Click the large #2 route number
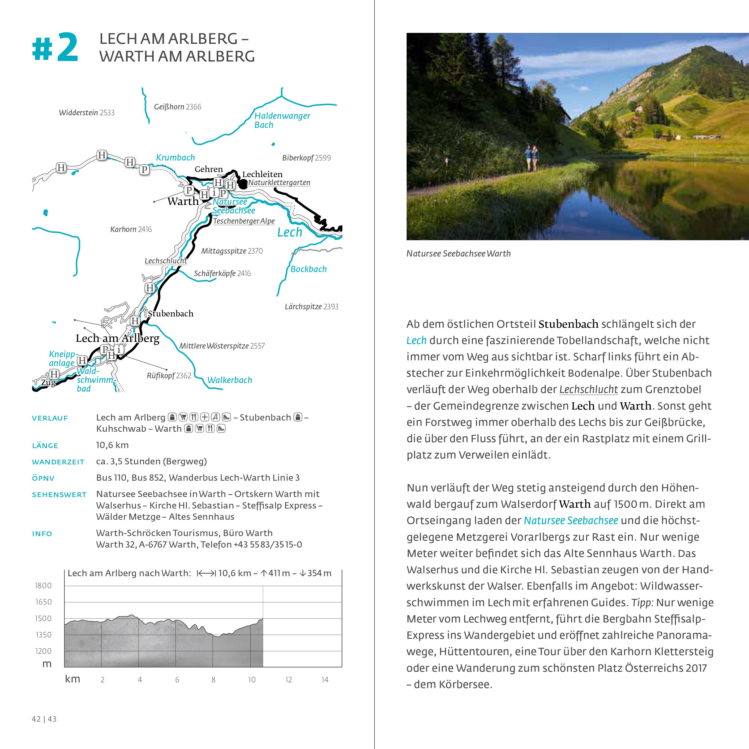(55, 48)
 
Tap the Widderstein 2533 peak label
(86, 113)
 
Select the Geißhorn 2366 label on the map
(178, 107)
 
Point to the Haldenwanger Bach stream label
(282, 120)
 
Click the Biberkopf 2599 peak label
(306, 158)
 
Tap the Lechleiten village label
(262, 174)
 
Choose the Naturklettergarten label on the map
(279, 183)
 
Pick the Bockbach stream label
(309, 269)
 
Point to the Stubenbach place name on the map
(171, 314)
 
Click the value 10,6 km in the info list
(112, 445)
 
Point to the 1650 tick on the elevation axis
(43, 602)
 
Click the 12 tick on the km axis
(288, 680)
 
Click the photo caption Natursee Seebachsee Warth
(458, 254)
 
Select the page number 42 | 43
(44, 719)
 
